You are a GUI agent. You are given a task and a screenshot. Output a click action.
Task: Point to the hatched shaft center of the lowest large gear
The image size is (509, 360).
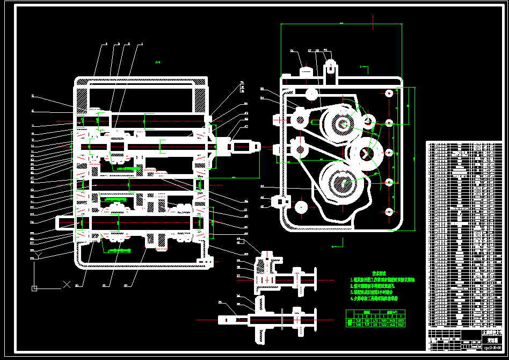pos(341,185)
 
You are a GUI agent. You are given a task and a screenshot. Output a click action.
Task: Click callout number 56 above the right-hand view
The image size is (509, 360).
pos(293,51)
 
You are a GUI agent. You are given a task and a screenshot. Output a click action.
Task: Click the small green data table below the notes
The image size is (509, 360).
pos(375,319)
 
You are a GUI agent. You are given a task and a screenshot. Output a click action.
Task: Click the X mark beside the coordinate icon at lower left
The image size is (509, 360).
pos(67,284)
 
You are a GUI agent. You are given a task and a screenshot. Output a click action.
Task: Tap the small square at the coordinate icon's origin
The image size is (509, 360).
pos(34,289)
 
